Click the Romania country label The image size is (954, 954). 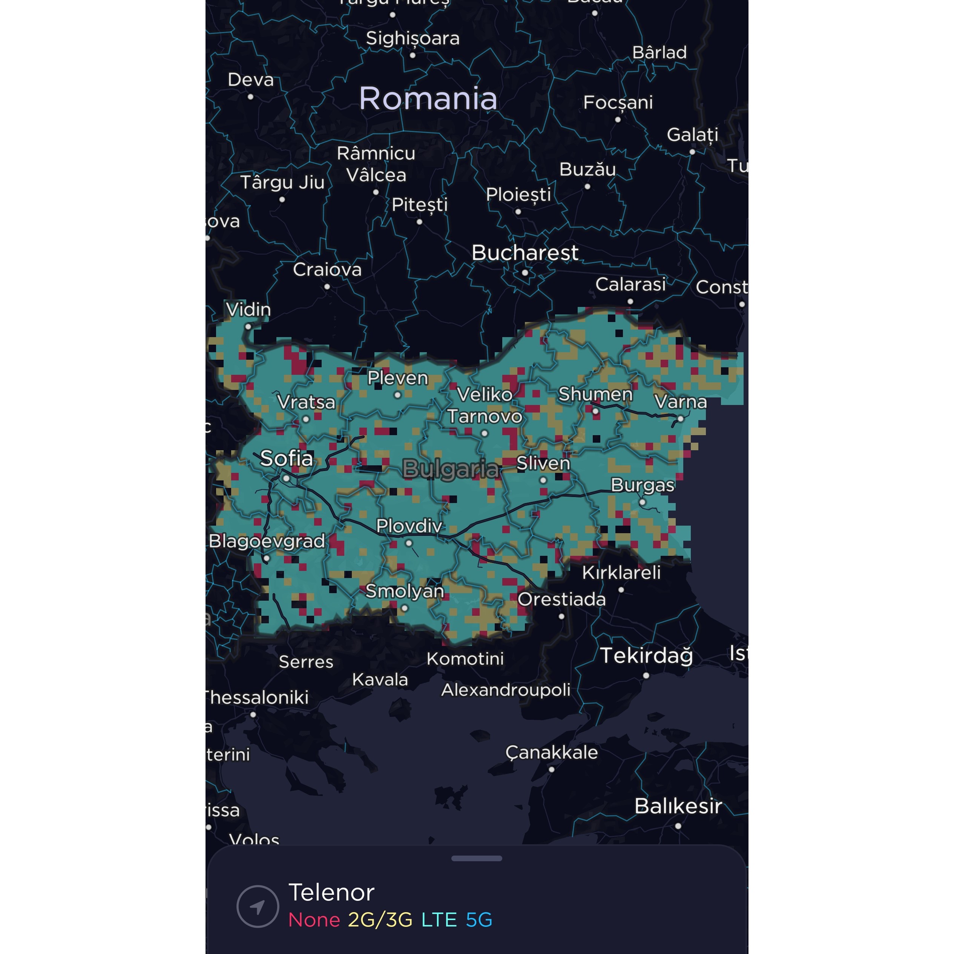pos(428,98)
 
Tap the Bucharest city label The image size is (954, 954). pos(525,253)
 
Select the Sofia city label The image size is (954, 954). pos(287,458)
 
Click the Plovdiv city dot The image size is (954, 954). pos(409,543)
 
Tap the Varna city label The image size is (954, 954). pos(681,402)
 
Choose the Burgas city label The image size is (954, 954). pos(643,485)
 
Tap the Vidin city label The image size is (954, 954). pos(248,310)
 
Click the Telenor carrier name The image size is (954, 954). pos(331,892)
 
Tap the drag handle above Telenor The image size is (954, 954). pos(477,858)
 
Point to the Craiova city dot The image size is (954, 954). pos(327,287)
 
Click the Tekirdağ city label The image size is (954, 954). pos(646,656)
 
